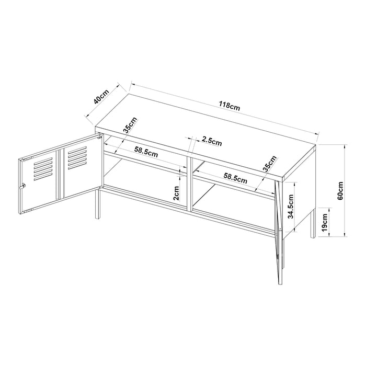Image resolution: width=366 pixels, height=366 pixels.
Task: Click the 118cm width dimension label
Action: tap(229, 106)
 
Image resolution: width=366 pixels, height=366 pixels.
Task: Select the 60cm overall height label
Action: tap(340, 190)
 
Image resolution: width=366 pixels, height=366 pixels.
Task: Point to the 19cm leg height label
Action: tap(325, 222)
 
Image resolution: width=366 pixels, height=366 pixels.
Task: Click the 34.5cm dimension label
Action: tap(290, 207)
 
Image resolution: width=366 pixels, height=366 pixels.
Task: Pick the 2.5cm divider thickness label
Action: tap(212, 141)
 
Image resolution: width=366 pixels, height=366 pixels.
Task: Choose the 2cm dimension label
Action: tap(176, 193)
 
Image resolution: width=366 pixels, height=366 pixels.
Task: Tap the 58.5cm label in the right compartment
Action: tap(235, 178)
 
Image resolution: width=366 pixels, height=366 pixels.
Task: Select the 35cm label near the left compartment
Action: tap(130, 125)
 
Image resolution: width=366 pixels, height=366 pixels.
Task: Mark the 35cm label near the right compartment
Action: tap(269, 164)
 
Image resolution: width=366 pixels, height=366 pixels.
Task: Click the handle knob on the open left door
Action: tap(22, 187)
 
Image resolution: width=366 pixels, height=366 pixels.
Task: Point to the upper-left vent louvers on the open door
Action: tap(43, 169)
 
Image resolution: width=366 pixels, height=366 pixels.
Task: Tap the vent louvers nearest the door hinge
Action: tap(77, 157)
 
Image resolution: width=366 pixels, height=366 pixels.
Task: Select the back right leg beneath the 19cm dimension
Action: tap(313, 223)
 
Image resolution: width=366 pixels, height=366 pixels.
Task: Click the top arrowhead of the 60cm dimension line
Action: tap(345, 146)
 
